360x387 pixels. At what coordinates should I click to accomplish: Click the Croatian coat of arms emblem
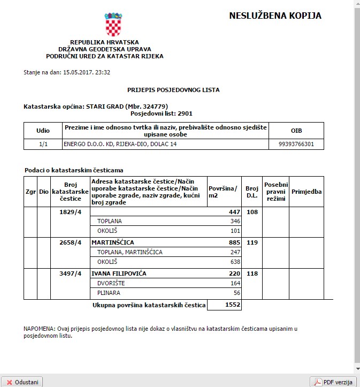click(x=113, y=24)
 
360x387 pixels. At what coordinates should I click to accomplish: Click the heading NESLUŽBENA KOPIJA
click(x=275, y=16)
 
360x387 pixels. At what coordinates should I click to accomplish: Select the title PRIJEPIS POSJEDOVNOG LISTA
click(x=173, y=90)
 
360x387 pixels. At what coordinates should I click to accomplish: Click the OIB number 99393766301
click(x=296, y=144)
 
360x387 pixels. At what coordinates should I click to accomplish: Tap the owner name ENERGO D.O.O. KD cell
click(x=120, y=144)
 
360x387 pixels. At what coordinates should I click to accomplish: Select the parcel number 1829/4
click(x=70, y=213)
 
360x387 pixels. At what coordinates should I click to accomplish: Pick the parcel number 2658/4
click(x=70, y=242)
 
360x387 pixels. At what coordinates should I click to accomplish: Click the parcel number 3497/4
click(x=70, y=274)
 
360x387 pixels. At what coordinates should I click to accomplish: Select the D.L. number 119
click(x=251, y=242)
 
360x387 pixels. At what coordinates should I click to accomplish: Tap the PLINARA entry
click(x=109, y=293)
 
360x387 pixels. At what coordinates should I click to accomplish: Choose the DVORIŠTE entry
click(x=111, y=283)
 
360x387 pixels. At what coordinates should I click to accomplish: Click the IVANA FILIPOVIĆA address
click(x=119, y=274)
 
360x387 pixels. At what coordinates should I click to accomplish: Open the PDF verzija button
click(x=333, y=382)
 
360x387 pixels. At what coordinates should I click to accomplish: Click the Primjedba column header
click(x=307, y=191)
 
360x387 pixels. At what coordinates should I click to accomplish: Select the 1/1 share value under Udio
click(x=43, y=144)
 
